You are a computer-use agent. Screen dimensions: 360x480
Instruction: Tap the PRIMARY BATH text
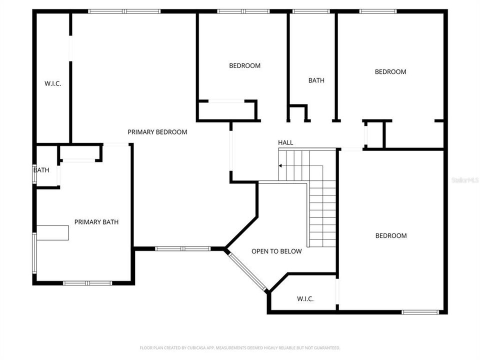(96, 222)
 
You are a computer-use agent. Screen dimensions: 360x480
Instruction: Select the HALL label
(285, 143)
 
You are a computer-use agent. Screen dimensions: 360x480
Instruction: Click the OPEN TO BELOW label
(276, 251)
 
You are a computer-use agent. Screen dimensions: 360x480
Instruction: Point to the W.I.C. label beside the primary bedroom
(52, 83)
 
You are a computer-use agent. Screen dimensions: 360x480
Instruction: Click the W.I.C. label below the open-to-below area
(305, 299)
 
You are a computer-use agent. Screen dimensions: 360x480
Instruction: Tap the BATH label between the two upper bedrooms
(316, 80)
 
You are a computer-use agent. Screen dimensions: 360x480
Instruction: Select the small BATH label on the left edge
(41, 170)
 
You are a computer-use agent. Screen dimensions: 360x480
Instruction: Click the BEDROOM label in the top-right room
(390, 72)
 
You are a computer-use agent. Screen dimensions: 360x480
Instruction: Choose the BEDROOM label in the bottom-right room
(391, 235)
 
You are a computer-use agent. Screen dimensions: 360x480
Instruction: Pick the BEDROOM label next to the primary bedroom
(244, 65)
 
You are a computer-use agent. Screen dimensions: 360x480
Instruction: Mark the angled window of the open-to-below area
(247, 270)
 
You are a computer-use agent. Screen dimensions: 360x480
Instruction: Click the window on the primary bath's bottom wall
(87, 283)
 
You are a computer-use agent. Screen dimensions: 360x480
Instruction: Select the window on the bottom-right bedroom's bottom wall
(420, 312)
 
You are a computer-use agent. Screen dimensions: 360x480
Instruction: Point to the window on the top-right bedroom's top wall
(377, 11)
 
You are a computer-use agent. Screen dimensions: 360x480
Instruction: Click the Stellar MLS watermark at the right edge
(464, 179)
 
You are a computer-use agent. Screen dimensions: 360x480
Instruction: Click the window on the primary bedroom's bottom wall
(182, 248)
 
